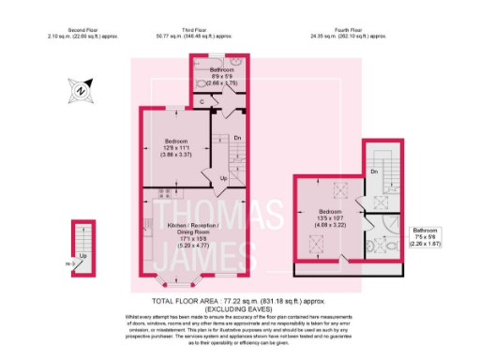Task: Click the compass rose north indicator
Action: coord(81,91)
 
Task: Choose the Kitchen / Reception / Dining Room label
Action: coord(191,232)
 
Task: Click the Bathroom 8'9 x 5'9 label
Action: coord(222,76)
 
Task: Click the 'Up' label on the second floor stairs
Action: coord(83,256)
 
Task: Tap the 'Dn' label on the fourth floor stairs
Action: coord(373,172)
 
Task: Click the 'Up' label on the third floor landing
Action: coord(223,178)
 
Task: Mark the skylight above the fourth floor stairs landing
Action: coord(382,199)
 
